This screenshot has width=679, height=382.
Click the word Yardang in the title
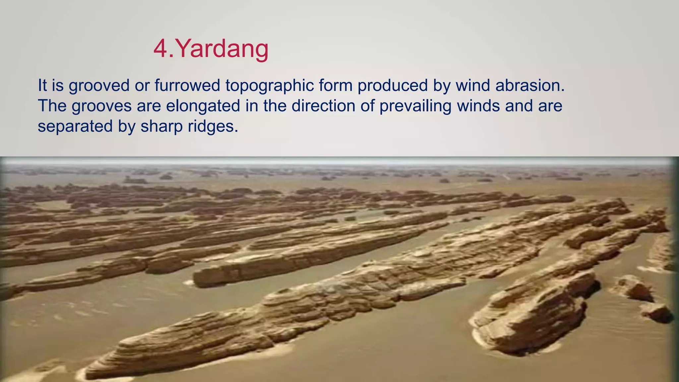pos(221,49)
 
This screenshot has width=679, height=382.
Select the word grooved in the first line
pos(99,86)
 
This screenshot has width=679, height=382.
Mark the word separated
pos(75,127)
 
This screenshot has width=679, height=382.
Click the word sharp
pos(161,127)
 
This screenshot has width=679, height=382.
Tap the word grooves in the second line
pos(101,106)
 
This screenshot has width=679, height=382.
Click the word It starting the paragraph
pos(42,85)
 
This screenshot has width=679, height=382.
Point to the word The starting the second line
pos(52,106)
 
